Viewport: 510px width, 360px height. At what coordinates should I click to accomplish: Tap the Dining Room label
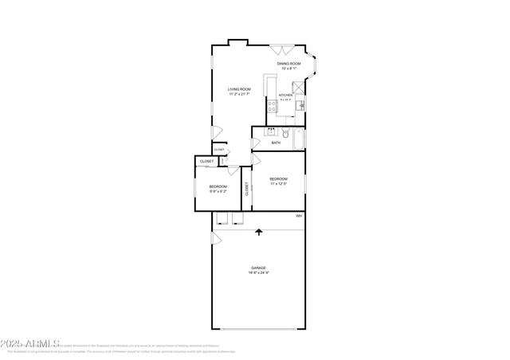coord(289,64)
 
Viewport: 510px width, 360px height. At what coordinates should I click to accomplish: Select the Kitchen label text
coord(285,95)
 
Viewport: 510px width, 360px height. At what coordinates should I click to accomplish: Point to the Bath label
coord(276,143)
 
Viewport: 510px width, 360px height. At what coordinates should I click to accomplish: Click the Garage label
coord(258,268)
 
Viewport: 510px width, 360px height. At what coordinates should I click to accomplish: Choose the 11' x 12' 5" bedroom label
coord(278,179)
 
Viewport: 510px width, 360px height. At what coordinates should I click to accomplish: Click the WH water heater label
coord(299,216)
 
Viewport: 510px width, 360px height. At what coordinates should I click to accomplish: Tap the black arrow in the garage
coord(258,233)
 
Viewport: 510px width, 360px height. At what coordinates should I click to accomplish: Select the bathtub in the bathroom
coord(299,139)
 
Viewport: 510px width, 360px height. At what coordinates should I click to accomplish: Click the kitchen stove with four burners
coord(273,104)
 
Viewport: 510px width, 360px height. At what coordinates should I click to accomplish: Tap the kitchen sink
coord(300,104)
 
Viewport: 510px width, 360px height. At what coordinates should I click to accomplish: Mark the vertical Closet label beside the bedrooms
coord(247,189)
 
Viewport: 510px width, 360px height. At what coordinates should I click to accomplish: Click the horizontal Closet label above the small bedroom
coord(206,162)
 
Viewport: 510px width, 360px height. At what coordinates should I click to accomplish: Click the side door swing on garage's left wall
coord(214,237)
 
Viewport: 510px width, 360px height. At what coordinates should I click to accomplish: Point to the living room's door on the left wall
coord(215,132)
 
